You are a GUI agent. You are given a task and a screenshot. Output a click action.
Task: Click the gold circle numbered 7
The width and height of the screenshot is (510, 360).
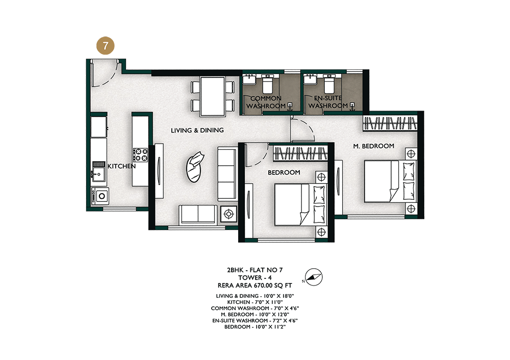point(106,45)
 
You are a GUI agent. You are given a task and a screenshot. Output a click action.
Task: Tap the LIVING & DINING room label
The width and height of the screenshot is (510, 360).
point(197,130)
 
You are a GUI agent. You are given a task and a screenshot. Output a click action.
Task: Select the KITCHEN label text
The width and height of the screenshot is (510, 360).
point(122,166)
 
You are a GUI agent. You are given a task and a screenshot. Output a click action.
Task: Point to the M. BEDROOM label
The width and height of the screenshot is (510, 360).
point(374,146)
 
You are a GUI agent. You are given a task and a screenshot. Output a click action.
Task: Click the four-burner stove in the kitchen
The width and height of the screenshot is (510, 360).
point(141,155)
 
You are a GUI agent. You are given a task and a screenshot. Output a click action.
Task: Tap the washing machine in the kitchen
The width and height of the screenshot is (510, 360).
point(100,196)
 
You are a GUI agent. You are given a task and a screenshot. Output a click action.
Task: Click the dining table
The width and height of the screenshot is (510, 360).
point(213,96)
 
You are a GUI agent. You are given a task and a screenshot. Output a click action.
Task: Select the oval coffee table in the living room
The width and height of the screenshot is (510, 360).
point(194,167)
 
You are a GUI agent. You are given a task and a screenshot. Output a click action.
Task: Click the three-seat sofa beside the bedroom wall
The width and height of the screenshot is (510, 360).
point(226,173)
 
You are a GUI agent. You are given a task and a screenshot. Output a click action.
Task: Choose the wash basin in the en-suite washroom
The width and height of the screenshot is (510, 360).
point(310,79)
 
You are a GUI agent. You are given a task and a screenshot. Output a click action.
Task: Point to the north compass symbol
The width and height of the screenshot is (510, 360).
point(314,277)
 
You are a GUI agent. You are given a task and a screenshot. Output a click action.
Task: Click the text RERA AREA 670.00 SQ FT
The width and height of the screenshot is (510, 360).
point(254,286)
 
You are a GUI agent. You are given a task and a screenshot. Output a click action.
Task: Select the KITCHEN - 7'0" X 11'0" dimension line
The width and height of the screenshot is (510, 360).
point(254,302)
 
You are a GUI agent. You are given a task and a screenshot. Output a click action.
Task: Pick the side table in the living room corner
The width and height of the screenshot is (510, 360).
point(228,214)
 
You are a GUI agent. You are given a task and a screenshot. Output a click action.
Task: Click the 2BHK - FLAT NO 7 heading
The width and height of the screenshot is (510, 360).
point(254,270)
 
